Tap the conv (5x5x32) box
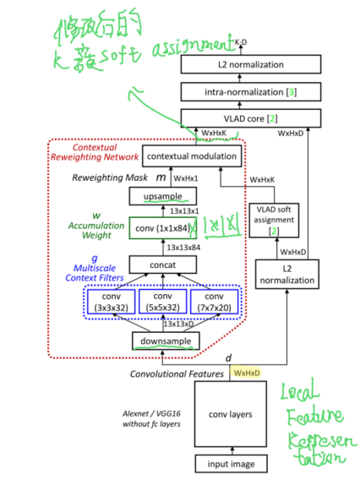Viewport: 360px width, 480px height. pyautogui.click(x=162, y=302)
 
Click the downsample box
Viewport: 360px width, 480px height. pyautogui.click(x=166, y=341)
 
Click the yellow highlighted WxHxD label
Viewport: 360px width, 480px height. pyautogui.click(x=247, y=373)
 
